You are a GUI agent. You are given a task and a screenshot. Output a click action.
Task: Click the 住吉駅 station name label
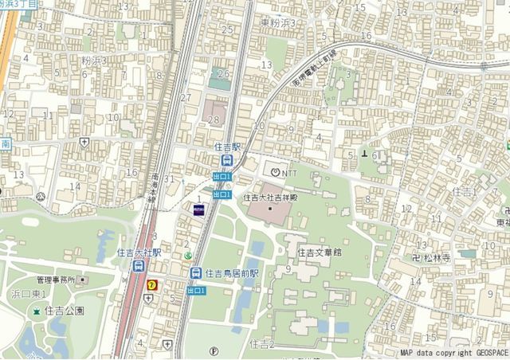228,147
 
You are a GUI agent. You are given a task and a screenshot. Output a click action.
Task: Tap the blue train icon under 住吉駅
227,160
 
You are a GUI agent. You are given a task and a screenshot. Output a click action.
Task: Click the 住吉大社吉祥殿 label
270,196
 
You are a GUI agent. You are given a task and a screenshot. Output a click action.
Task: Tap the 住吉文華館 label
319,252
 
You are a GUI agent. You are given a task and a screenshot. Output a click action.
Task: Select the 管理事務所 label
61,280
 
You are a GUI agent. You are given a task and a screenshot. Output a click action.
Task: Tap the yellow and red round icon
151,284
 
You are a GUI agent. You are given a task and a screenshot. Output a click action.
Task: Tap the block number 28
212,120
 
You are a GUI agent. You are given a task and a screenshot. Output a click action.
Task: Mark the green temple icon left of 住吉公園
35,309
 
